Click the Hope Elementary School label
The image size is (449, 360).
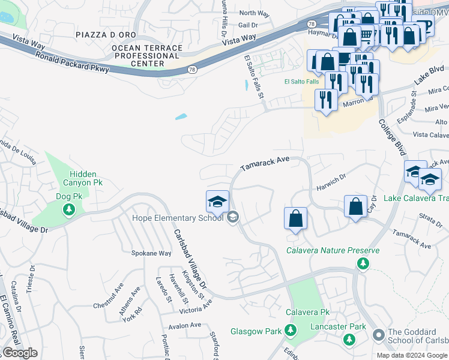[169, 218]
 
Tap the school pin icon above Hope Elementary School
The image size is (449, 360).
[217, 201]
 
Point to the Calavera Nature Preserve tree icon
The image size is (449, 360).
[363, 263]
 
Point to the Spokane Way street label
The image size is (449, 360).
[151, 253]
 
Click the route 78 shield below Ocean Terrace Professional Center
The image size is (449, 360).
[191, 70]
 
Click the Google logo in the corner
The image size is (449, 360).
[20, 353]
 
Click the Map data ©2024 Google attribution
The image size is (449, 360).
[412, 355]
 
